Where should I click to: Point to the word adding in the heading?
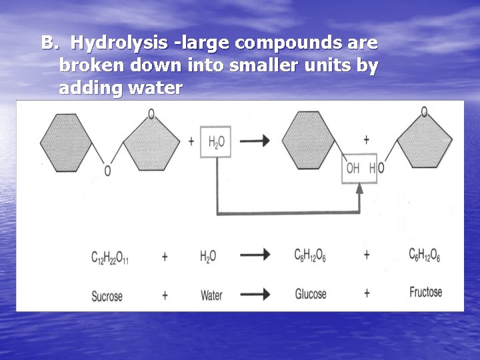[x=85, y=87]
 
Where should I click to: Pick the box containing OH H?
[x=361, y=168]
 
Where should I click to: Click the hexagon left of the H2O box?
[x=66, y=142]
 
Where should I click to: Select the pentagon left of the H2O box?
[x=151, y=143]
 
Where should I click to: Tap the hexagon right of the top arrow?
[x=308, y=140]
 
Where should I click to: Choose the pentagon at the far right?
[x=425, y=143]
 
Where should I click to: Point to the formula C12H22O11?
[x=109, y=256]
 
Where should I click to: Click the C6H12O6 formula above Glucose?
[x=311, y=255]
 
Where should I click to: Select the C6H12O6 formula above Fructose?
[x=425, y=255]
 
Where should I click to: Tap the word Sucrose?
[x=107, y=295]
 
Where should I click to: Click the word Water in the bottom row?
[x=211, y=295]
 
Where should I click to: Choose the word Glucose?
[x=311, y=294]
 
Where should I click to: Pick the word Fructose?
[x=425, y=292]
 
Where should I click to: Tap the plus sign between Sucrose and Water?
[x=164, y=294]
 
